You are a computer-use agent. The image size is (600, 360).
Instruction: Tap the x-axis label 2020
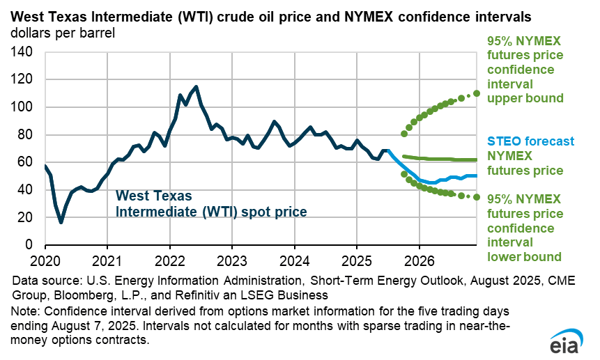coord(45,258)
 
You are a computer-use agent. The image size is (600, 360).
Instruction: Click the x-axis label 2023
coord(231,258)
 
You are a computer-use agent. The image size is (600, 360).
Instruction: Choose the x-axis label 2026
coord(419,258)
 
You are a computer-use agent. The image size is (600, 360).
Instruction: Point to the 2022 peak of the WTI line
coord(196,87)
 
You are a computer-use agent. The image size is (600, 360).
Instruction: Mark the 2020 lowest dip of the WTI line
coord(61,222)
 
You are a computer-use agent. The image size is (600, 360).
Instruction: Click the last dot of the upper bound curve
coord(477,93)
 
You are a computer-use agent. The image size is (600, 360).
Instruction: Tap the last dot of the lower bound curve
coord(477,197)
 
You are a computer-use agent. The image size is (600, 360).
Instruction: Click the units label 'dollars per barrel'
coord(63,32)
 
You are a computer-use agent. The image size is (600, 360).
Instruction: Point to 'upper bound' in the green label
coord(525,98)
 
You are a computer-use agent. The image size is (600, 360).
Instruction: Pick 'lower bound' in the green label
coord(524,257)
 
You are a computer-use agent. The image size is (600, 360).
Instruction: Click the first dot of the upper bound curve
coord(404,134)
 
